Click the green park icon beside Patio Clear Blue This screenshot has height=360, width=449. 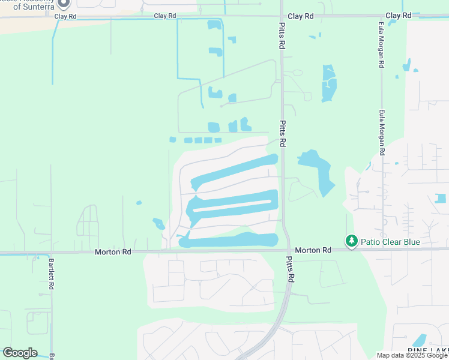(x=351, y=241)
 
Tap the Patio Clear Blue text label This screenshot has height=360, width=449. (x=390, y=242)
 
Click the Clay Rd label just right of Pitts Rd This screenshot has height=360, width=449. (x=300, y=16)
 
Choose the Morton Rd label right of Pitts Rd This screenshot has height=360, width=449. (x=313, y=250)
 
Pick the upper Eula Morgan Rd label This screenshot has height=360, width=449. (x=381, y=47)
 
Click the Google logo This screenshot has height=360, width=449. (x=20, y=353)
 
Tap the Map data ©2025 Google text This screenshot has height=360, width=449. (x=412, y=355)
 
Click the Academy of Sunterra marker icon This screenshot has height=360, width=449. (x=63, y=3)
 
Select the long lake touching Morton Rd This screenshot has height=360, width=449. (x=231, y=241)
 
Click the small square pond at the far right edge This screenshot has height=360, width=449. (x=441, y=198)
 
